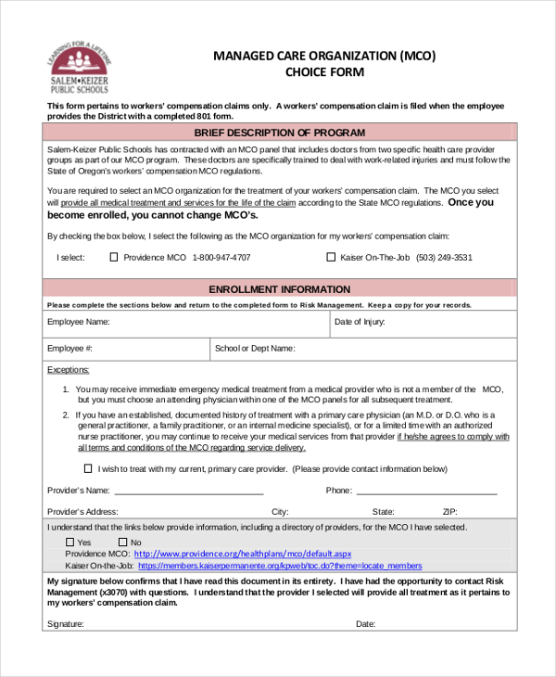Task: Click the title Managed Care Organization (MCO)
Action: coord(324,56)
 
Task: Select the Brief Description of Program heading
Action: coord(279,133)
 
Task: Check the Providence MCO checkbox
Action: coord(114,258)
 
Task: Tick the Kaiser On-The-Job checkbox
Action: coord(331,258)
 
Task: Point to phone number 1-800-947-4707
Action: coord(221,258)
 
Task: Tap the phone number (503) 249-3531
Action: coord(444,258)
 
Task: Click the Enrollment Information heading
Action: coord(279,289)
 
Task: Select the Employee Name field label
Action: coord(79,323)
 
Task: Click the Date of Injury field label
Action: coord(360,323)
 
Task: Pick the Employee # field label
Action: coord(69,349)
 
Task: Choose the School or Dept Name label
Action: coord(255,349)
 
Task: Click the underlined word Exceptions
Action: coord(68,370)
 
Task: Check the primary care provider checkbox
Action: coord(88,468)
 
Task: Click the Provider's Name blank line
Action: coord(189,492)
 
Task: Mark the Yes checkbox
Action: coord(70,543)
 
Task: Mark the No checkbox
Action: coord(122,543)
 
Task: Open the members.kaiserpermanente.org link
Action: coord(279,566)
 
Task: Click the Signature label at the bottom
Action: coord(65,624)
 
